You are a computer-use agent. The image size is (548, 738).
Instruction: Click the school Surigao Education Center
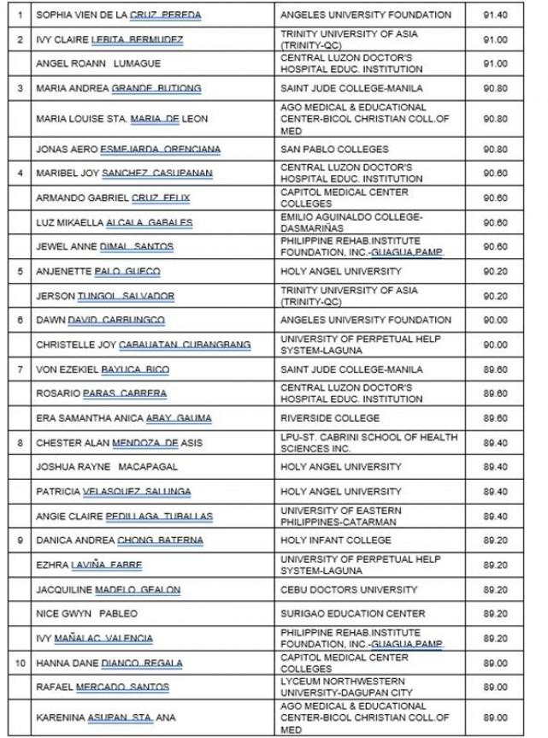coord(353,613)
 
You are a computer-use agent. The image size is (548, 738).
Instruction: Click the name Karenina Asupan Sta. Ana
coord(114,711)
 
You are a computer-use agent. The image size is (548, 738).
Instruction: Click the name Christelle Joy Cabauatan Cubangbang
coord(144,345)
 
